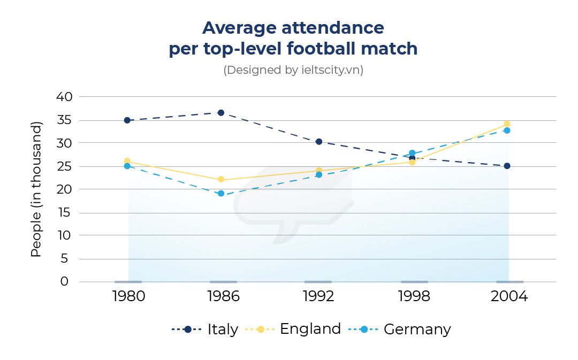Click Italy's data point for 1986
220,113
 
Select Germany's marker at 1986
220,194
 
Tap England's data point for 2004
507,124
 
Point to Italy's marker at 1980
127,120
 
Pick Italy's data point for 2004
507,166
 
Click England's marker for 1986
220,180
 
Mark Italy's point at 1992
319,142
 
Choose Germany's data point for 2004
507,131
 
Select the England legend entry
293,329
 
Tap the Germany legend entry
399,330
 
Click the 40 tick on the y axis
64,97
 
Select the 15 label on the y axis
64,213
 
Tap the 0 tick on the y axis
65,282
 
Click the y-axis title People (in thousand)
36,189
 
